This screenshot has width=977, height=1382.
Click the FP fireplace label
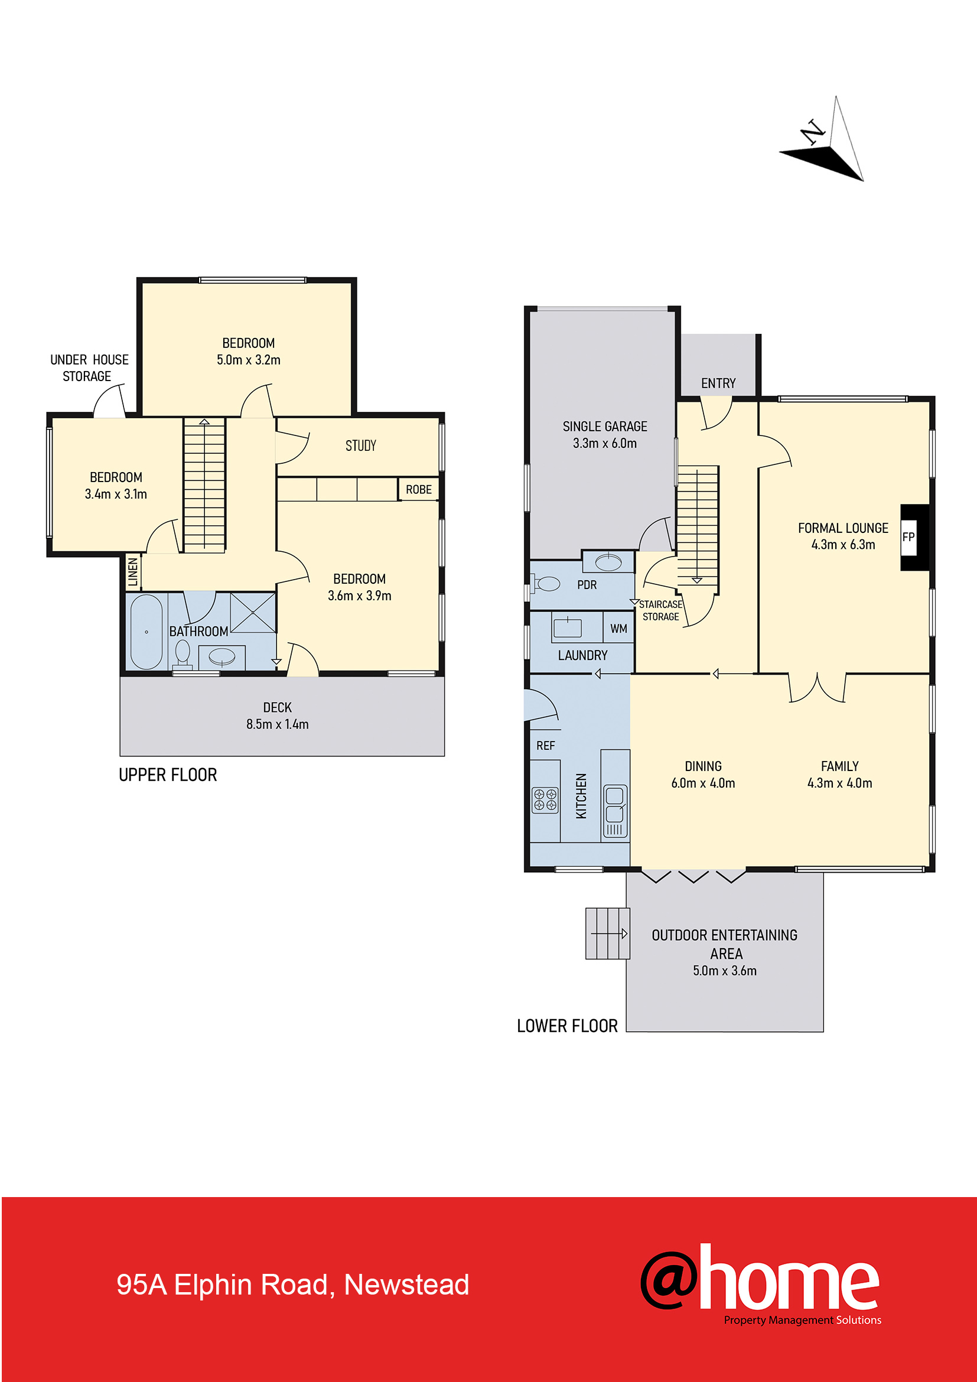coord(908,537)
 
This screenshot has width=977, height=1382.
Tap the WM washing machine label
coord(618,629)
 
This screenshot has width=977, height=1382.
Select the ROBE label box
coord(419,489)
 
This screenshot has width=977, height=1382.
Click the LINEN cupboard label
coord(133,572)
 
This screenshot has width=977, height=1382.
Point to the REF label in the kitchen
coord(546,746)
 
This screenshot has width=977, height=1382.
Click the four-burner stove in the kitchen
coord(545,800)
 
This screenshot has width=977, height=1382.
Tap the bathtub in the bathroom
coord(146,632)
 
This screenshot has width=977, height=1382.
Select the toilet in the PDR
coord(546,583)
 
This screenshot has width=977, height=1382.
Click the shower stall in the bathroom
coord(253,613)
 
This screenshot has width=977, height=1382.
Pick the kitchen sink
coord(614,811)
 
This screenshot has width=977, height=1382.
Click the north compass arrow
coord(822,138)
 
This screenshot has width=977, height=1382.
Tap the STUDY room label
coord(360,446)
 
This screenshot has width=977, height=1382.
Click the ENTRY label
coord(718,383)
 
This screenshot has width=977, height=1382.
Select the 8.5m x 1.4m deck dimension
coord(278,724)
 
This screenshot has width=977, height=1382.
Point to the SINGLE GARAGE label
coord(605,427)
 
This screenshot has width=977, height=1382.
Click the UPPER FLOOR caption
coord(168,775)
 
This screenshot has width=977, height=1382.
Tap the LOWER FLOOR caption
coord(567,1026)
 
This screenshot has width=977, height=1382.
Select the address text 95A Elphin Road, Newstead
coord(292,1285)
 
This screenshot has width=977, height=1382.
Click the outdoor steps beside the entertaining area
coord(608,934)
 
